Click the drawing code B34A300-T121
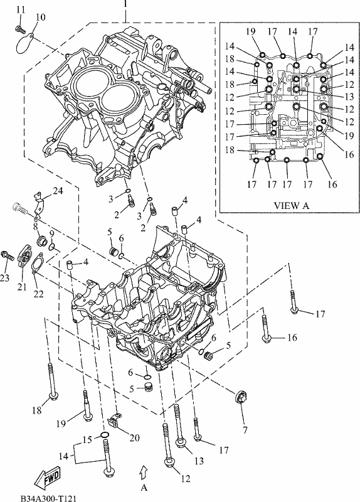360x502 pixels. tap(48, 498)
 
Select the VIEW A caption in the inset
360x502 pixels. tap(292, 205)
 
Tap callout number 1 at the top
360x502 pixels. tap(125, 4)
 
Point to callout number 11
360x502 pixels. tap(21, 9)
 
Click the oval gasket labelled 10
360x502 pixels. tap(25, 43)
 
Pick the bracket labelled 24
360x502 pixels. tap(39, 206)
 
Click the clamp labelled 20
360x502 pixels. tap(114, 420)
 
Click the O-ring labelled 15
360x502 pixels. tap(104, 434)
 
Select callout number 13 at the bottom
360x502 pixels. tap(199, 461)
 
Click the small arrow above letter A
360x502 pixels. tap(144, 473)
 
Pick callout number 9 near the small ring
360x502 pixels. tap(51, 233)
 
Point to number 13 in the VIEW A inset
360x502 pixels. tap(349, 97)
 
